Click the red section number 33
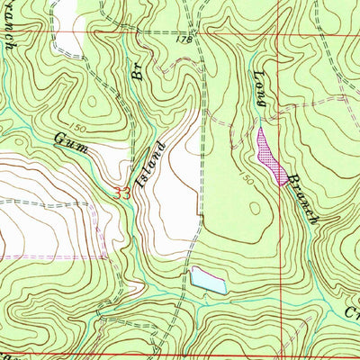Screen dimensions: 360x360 pos(124,192)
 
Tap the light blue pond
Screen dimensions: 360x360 pos(206,281)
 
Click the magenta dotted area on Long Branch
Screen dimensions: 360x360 pos(267,148)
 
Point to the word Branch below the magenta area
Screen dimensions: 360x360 pos(301,199)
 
